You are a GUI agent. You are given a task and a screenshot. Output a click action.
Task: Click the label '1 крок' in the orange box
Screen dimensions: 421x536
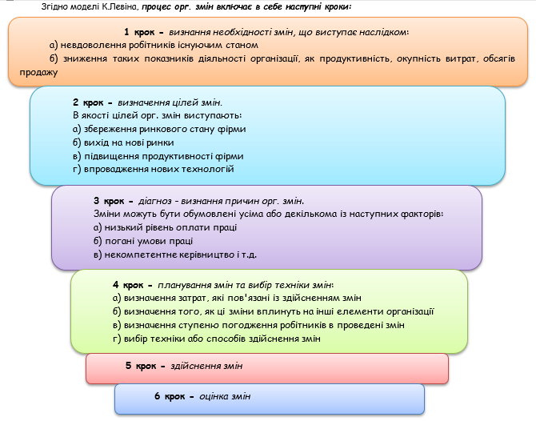point(143,32)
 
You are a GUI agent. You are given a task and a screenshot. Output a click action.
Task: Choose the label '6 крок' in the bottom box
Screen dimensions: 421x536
point(170,396)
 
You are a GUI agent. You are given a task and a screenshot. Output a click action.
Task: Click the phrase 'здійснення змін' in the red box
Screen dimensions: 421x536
point(208,366)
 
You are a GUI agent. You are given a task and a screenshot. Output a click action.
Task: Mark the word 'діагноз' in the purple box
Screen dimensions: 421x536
point(158,202)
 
